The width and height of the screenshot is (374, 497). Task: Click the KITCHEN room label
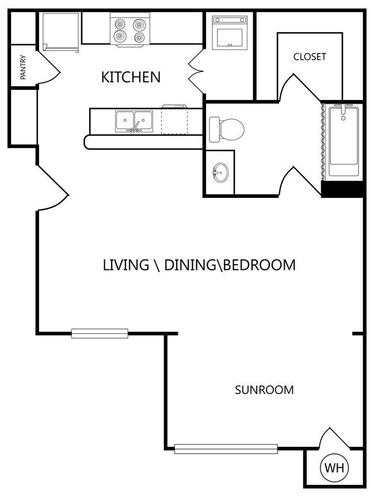tap(131, 77)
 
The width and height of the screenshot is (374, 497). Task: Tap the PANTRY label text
tap(23, 67)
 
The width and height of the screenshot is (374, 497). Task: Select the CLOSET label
tap(310, 57)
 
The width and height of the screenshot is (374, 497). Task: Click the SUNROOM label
tap(264, 389)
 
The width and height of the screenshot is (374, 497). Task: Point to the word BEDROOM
tap(259, 265)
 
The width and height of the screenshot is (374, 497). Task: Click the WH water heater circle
tap(335, 468)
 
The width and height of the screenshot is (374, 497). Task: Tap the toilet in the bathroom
tap(226, 129)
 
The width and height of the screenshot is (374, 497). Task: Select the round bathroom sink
tap(220, 173)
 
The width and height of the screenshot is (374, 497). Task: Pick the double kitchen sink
tap(133, 121)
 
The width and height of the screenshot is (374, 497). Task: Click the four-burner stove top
tap(130, 30)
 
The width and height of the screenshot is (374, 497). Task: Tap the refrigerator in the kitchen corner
tap(60, 32)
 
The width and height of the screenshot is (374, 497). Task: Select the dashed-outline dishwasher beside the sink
tap(174, 120)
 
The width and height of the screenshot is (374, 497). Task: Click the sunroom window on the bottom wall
tap(226, 449)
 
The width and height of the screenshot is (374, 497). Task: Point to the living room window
tap(100, 334)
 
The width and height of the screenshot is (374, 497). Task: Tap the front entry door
tap(52, 188)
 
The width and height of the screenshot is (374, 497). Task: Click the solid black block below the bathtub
tap(342, 189)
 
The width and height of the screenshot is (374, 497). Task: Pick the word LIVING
tap(126, 265)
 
